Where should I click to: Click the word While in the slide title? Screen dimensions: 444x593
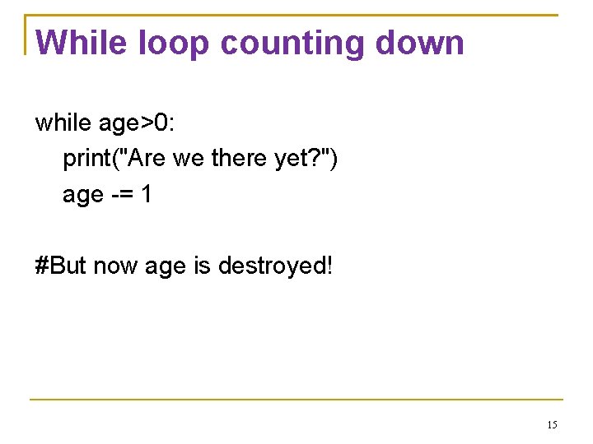click(82, 42)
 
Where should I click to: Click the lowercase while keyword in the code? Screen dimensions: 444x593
click(63, 123)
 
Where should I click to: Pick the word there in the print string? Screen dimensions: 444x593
click(239, 159)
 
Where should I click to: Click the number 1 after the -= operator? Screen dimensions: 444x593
click(146, 195)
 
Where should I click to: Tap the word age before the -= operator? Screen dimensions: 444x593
click(83, 196)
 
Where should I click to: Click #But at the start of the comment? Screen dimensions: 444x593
click(62, 266)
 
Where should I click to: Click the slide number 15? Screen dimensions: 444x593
click(552, 425)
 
